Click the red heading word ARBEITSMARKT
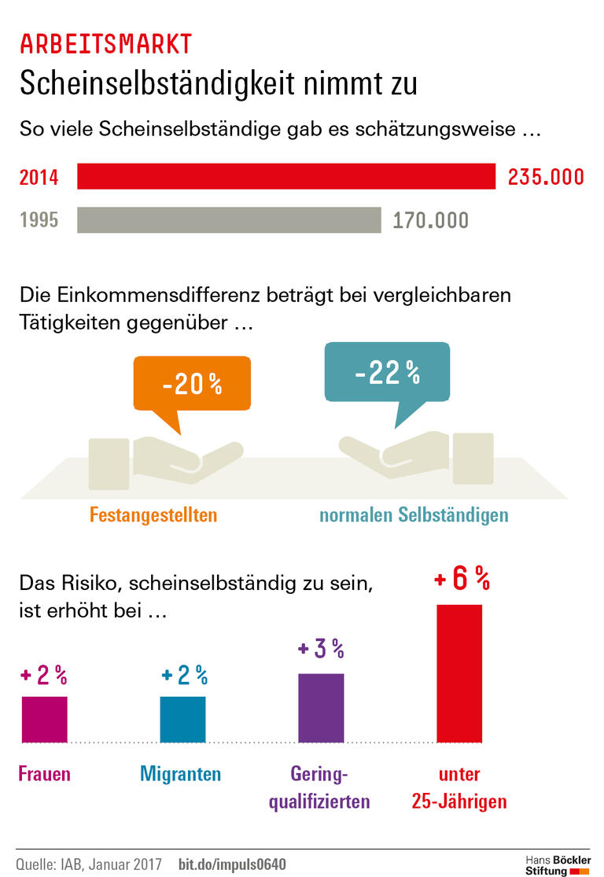[x=105, y=44]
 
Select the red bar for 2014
[x=285, y=177]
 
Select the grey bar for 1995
[x=229, y=220]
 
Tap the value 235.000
[x=546, y=177]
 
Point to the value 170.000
[x=431, y=220]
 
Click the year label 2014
[x=39, y=178]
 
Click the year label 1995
[x=39, y=220]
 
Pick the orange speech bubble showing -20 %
[x=192, y=384]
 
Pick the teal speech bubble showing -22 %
[x=387, y=373]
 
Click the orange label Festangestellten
[x=153, y=515]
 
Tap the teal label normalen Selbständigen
[x=414, y=515]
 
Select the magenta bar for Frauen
[x=44, y=719]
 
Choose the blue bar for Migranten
[x=182, y=719]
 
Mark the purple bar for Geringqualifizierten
[x=321, y=708]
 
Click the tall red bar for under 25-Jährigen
[x=459, y=673]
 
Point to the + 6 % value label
[x=462, y=580]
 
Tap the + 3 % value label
[x=321, y=649]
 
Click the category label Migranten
[x=181, y=774]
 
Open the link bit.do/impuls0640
[x=232, y=864]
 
